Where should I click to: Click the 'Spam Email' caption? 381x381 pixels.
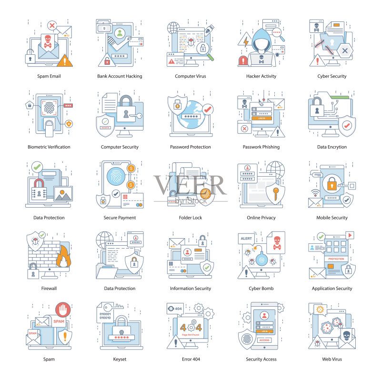(x=49, y=76)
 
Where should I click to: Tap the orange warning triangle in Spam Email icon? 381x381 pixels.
(x=65, y=60)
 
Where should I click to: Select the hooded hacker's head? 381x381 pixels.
(x=261, y=40)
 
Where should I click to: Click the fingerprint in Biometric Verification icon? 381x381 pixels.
(x=50, y=108)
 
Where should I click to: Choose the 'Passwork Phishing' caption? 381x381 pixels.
(x=261, y=147)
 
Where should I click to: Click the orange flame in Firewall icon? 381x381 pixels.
(x=63, y=257)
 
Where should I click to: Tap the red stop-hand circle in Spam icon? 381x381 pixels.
(x=63, y=310)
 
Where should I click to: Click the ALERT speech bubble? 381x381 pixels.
(x=246, y=239)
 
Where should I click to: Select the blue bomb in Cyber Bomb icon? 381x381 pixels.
(x=261, y=259)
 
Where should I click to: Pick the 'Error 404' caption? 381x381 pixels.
(x=191, y=359)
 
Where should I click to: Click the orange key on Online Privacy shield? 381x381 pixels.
(x=275, y=194)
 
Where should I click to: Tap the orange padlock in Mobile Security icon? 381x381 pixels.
(x=332, y=183)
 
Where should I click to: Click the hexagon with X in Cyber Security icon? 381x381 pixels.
(x=345, y=51)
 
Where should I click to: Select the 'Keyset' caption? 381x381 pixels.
(x=120, y=359)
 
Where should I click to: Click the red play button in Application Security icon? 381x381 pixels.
(x=350, y=235)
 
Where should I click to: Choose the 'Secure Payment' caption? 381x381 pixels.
(x=120, y=218)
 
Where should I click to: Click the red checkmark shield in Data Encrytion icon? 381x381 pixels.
(x=347, y=126)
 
